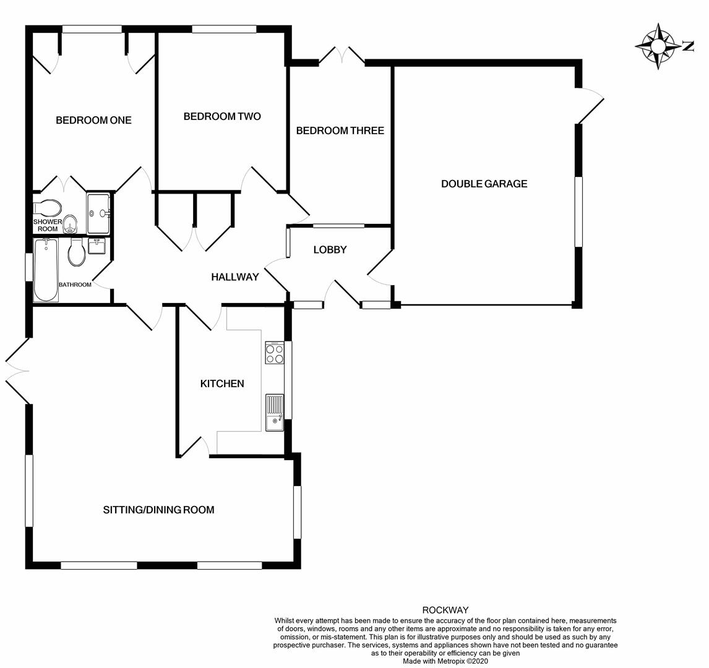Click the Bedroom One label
93,120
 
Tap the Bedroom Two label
222,117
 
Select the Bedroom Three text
340,131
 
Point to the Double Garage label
484,184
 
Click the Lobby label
330,249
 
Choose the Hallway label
235,277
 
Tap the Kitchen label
222,383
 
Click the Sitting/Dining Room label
159,510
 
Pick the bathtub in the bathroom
46,270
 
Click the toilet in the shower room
48,208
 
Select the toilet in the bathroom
77,252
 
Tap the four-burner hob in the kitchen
275,353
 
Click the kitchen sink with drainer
275,412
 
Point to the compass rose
658,46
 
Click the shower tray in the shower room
98,213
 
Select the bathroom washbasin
97,246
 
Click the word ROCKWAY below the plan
445,610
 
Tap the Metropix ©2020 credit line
445,661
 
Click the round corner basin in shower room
70,224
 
